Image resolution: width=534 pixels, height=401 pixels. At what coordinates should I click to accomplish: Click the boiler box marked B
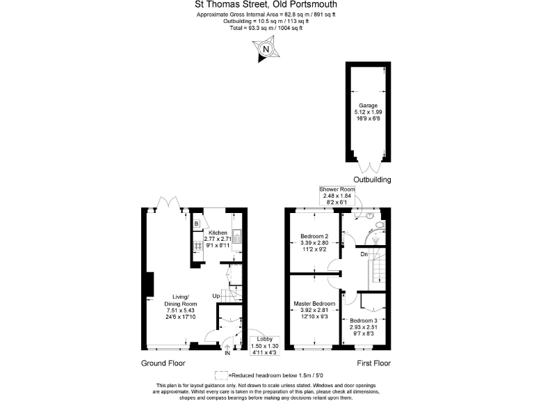coord(196,223)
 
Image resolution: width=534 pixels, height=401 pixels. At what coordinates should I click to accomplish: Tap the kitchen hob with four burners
coord(197,246)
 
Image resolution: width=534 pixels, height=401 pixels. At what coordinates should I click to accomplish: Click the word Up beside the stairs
coord(217,297)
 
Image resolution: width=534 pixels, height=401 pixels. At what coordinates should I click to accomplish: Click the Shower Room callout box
coord(337,196)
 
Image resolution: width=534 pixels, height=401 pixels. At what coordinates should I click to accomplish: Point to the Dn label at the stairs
coord(364,255)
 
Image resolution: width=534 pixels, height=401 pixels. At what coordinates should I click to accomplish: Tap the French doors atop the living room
coord(168,203)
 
